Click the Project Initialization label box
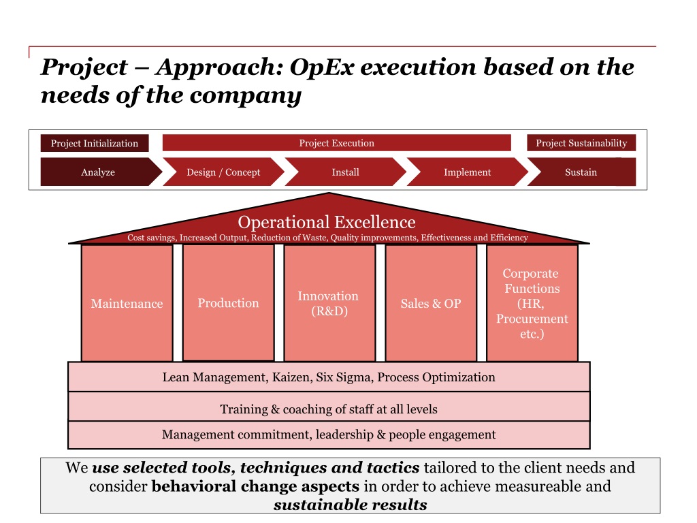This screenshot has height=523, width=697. pos(94,143)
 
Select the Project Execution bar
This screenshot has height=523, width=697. pos(336,143)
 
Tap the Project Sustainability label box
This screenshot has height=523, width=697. pos(581,143)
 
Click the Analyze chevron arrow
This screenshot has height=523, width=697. pos(98,172)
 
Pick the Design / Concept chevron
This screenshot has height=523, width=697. pos(223,172)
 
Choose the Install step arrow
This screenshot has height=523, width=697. pos(345,172)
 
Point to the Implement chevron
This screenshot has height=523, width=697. pos(467,172)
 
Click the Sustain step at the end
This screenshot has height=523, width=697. pos(581,172)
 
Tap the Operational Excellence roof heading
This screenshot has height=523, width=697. pos(327,222)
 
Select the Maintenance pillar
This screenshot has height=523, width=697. pos(127,304)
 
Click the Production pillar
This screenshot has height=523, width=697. pos(228,303)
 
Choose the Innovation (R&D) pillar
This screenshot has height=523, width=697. pos(328,304)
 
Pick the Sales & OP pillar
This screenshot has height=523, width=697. pos(430,304)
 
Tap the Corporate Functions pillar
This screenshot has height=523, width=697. pos(532,304)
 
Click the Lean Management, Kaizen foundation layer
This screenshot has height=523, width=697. pos(329,377)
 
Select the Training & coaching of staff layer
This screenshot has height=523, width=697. pos(329,409)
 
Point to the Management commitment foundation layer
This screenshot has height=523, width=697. pos(329,434)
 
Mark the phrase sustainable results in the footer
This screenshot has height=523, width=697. pos(350,505)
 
